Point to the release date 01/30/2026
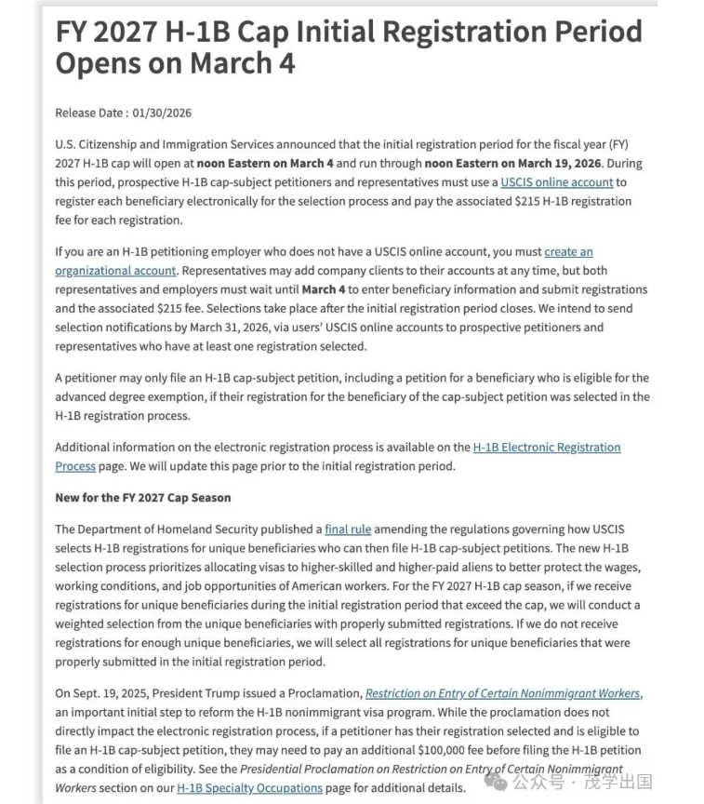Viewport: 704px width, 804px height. point(162,114)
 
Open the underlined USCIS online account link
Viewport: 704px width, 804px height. point(556,182)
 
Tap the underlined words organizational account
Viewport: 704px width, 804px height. point(115,271)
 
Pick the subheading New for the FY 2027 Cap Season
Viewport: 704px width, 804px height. point(142,498)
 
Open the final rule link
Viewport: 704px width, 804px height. point(348,529)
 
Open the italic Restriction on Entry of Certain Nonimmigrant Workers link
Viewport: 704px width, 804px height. point(502,693)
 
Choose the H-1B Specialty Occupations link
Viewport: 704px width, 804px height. point(249,788)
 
